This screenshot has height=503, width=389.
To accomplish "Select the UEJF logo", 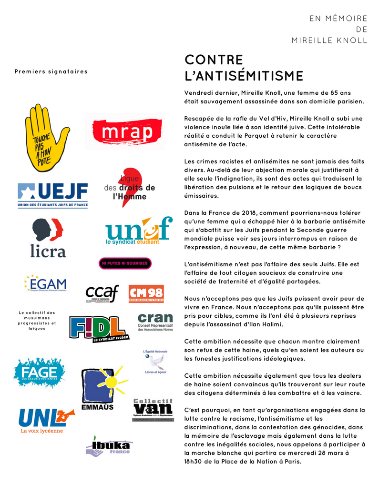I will tap(52, 195).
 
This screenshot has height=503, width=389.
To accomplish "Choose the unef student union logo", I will tap(138, 232).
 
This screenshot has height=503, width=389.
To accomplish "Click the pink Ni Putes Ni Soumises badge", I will tap(124, 263).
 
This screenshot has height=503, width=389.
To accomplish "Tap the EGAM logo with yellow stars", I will tap(45, 283).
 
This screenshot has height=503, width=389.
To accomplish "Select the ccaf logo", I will tap(102, 294).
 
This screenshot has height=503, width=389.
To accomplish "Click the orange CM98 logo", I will tap(146, 294).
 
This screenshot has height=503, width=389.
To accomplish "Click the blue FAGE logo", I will tap(39, 372).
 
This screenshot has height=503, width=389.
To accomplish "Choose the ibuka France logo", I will tap(108, 447).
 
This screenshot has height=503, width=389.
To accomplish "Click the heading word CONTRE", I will tap(214, 60).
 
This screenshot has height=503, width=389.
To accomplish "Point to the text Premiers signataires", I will tap(51, 71).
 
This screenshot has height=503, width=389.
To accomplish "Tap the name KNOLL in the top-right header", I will tap(350, 40).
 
